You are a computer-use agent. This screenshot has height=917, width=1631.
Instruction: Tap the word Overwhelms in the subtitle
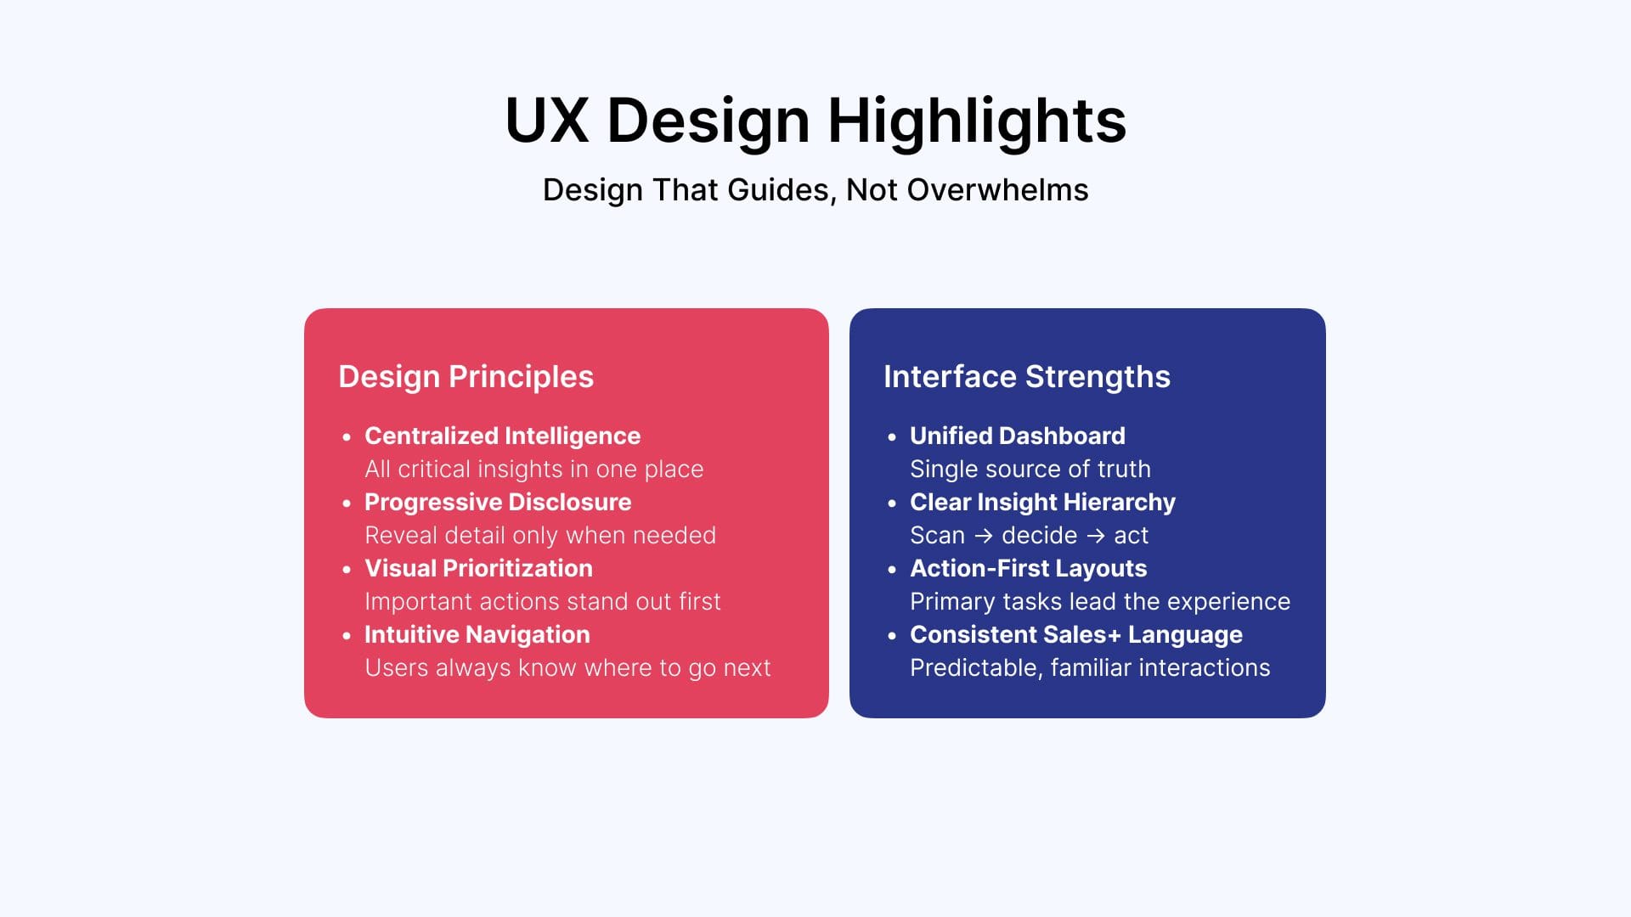[x=998, y=189]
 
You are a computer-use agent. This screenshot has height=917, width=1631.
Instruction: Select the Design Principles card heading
[x=466, y=377]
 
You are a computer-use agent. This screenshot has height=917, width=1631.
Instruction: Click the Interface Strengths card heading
[x=1026, y=377]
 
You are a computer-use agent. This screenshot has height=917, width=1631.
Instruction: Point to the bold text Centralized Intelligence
[x=502, y=436]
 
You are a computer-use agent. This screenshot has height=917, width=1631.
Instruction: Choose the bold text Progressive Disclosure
[x=498, y=502]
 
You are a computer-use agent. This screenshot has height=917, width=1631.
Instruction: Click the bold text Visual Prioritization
[x=478, y=568]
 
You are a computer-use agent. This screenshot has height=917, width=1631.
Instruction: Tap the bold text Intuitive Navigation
[x=477, y=634]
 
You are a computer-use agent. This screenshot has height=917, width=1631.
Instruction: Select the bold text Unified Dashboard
[x=1017, y=436]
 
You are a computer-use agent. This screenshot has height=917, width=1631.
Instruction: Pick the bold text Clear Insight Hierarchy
[x=1042, y=502]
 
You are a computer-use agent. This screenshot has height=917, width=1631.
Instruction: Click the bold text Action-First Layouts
[x=1028, y=568]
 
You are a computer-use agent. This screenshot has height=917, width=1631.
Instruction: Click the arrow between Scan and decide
[x=984, y=536]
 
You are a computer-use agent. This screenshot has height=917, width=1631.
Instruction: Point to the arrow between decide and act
[x=1096, y=536]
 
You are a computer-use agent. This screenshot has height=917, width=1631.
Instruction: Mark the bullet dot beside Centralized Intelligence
[x=347, y=437]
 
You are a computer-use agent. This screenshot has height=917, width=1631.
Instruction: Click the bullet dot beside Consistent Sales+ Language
[x=892, y=636]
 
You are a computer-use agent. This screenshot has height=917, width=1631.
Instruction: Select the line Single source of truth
[x=1030, y=469]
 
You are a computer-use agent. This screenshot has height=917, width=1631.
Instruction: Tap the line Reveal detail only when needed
[x=540, y=535]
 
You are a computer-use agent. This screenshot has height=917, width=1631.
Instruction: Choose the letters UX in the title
[x=547, y=121]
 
